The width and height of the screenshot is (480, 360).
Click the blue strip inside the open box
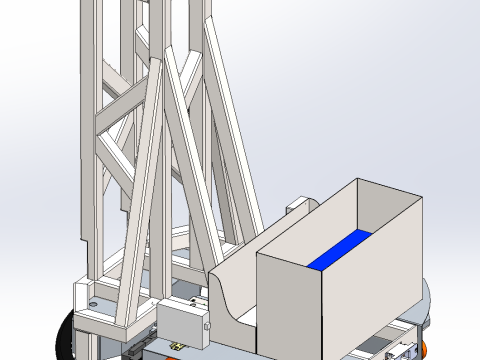(x=340, y=250)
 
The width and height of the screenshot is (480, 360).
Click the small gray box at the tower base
(x=180, y=322)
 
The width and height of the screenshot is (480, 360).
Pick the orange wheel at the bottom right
(x=426, y=346)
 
